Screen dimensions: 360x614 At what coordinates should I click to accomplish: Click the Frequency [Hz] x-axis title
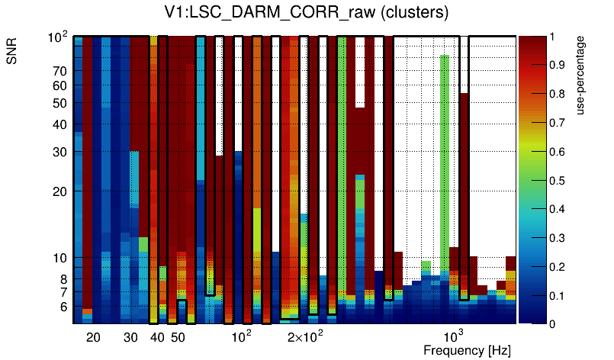point(467,351)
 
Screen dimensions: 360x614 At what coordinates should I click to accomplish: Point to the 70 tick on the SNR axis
point(60,71)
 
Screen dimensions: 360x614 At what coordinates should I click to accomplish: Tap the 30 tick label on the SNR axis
point(60,152)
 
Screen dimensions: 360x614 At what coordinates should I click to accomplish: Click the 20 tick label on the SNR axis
point(60,191)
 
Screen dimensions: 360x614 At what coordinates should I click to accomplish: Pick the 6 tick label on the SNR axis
point(64,307)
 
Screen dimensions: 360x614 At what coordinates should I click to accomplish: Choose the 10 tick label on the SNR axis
point(60,259)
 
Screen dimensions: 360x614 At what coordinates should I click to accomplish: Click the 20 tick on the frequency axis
point(93,338)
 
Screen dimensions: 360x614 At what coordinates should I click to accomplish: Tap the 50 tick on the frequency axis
point(177,338)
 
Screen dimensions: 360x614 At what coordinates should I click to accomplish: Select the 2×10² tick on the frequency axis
point(306,336)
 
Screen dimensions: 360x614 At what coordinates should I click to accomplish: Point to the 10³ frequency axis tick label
point(453,336)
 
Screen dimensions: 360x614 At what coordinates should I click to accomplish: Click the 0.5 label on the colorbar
point(558,180)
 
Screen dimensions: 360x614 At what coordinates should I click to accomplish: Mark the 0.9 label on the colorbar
point(558,65)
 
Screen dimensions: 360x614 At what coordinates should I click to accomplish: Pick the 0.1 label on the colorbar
point(558,295)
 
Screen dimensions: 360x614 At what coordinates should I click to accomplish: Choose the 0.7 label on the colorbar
point(558,122)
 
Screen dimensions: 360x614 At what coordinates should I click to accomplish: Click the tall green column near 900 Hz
point(444,153)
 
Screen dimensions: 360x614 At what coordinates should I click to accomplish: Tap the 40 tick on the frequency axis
point(157,338)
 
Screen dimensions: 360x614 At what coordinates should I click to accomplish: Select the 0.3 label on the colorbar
point(558,237)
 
